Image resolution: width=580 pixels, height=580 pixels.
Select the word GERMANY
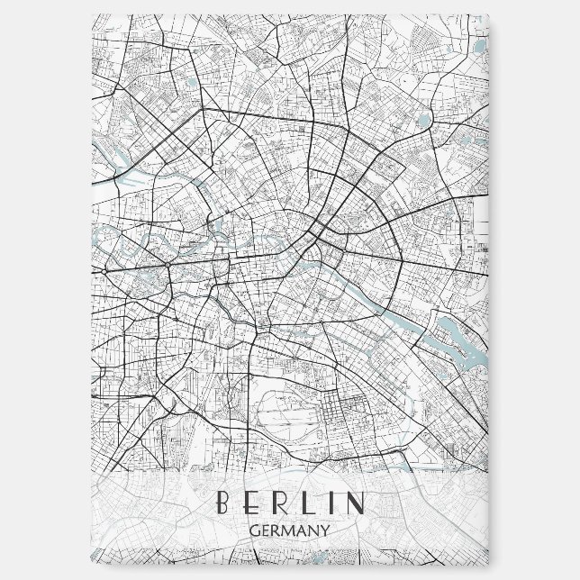click(290, 531)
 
